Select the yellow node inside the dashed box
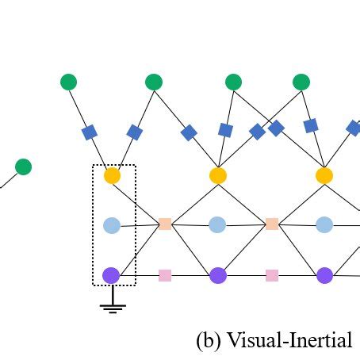pos(112,175)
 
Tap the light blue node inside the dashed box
pos(112,225)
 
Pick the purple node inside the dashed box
pos(111,275)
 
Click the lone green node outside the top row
pos(24,167)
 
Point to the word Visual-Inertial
pos(289,339)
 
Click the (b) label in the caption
pos(209,340)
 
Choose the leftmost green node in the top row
pos(69,82)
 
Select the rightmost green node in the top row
pos(301,82)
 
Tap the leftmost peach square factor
pos(165,224)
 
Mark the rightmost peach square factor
pos(272,224)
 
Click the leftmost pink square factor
pos(165,275)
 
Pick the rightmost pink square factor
pos(272,275)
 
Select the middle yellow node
pos(218,175)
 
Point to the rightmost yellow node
pos(324,175)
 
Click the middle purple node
pos(218,275)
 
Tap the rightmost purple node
pos(325,275)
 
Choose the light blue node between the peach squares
pos(217,225)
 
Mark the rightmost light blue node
pos(324,225)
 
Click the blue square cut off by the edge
pos(354,128)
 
